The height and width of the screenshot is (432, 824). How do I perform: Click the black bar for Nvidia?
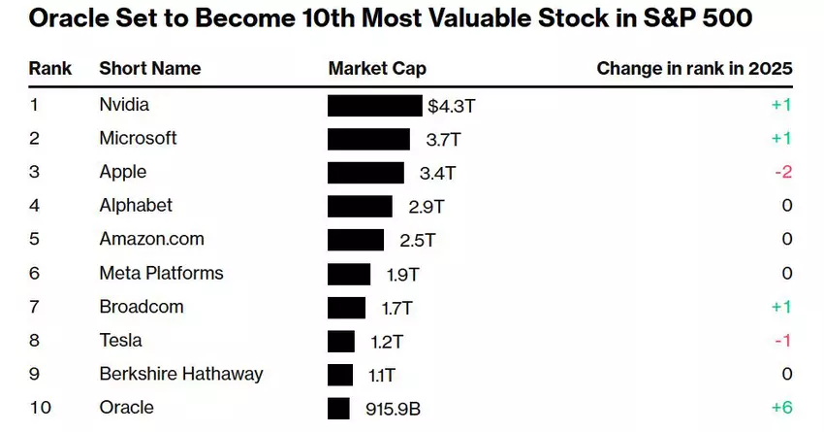pyautogui.click(x=375, y=105)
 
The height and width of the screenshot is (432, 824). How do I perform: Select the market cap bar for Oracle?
pyautogui.click(x=338, y=408)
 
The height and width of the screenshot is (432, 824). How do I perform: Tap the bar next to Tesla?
pyautogui.click(x=341, y=341)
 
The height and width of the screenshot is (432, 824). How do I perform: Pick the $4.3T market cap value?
pyautogui.click(x=452, y=105)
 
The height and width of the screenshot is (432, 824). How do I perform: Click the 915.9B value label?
pyautogui.click(x=393, y=409)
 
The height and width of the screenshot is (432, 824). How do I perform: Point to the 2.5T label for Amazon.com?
pyautogui.click(x=418, y=240)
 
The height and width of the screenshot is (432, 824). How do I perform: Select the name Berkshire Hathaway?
pyautogui.click(x=181, y=374)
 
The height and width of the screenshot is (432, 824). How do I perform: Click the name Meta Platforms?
pyautogui.click(x=161, y=273)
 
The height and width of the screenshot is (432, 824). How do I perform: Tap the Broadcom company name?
pyautogui.click(x=142, y=307)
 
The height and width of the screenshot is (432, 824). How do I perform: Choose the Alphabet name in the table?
pyautogui.click(x=136, y=206)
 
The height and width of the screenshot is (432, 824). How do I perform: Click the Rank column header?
pyautogui.click(x=49, y=68)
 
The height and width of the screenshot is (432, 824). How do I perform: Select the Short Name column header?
pyautogui.click(x=150, y=68)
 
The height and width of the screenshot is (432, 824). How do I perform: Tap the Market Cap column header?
pyautogui.click(x=377, y=68)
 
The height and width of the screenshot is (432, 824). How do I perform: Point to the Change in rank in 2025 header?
pyautogui.click(x=694, y=68)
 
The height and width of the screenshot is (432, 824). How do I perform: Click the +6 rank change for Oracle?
pyautogui.click(x=781, y=409)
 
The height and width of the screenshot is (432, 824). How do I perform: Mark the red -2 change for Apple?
pyautogui.click(x=783, y=172)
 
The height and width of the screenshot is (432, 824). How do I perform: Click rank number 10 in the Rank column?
pyautogui.click(x=40, y=408)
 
